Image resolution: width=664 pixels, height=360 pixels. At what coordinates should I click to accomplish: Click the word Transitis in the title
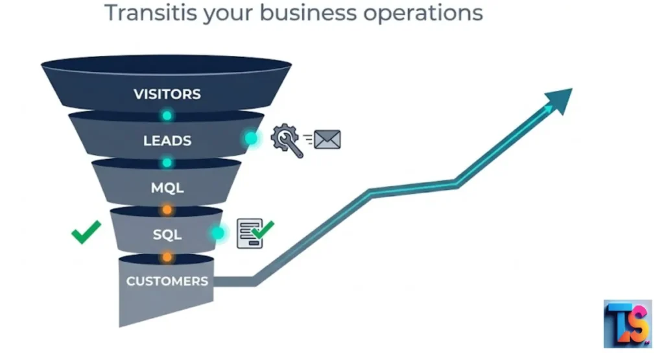[x=150, y=12]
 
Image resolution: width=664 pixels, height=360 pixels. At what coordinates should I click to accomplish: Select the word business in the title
[x=308, y=12]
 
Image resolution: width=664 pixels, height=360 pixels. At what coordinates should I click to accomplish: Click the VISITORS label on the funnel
[x=167, y=94]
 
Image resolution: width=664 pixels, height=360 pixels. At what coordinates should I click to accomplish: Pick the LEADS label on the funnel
[x=167, y=141]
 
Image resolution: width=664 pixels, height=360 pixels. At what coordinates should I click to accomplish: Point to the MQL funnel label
[x=167, y=187]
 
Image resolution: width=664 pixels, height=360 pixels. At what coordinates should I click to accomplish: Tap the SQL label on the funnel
[x=167, y=234]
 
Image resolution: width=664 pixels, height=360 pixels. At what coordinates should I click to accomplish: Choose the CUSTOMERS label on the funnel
[x=167, y=282]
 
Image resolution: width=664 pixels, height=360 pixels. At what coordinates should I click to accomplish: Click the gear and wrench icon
[x=287, y=140]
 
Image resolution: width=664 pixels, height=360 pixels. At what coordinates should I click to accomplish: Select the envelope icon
[x=327, y=139]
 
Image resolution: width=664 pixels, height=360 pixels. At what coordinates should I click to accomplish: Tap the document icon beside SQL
[x=250, y=234]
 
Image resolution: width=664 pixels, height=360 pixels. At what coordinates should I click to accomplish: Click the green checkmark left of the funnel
[x=86, y=232]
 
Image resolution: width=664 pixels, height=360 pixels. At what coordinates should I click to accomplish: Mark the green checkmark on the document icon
[x=263, y=230]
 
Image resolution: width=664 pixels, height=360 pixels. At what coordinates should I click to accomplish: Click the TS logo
[x=628, y=324]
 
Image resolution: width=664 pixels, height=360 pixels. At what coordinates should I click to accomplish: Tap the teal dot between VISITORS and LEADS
[x=167, y=115]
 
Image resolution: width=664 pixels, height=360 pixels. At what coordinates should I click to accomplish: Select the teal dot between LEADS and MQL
[x=167, y=163]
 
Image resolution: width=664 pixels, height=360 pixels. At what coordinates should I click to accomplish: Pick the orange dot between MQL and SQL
[x=167, y=210]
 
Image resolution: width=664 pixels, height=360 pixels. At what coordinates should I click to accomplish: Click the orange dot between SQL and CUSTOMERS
[x=167, y=257]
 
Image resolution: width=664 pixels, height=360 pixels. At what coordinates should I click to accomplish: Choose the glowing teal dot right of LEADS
[x=251, y=139]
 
